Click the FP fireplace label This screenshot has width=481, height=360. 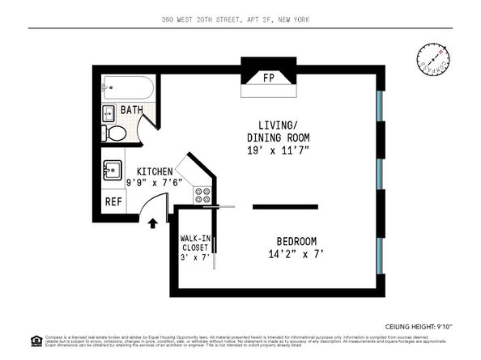[268, 78]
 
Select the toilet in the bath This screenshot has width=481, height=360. [115, 133]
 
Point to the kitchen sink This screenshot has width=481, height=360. [113, 172]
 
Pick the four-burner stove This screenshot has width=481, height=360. [202, 195]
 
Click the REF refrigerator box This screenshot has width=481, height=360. [113, 201]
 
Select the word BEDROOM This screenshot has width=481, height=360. [296, 241]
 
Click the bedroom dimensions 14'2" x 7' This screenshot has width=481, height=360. [296, 254]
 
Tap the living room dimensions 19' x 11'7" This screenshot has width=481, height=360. [279, 150]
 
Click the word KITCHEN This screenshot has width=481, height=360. [154, 172]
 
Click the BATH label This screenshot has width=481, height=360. [132, 110]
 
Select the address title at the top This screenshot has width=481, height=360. [240, 19]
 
